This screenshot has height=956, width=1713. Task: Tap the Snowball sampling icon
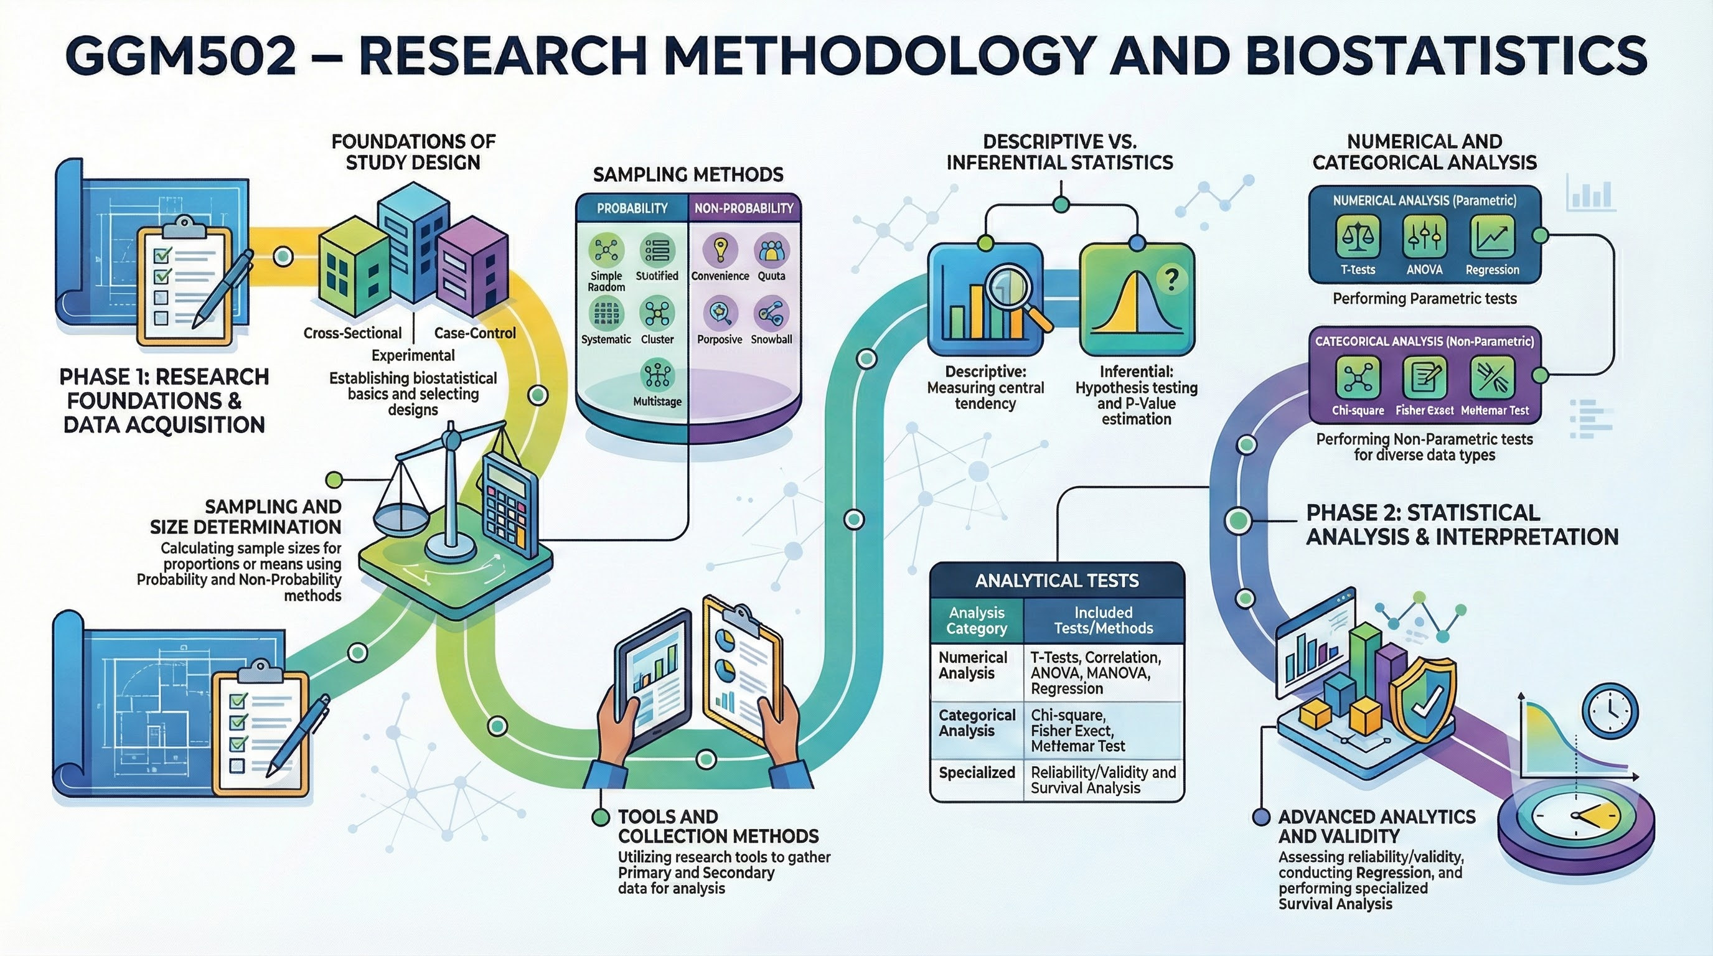pyautogui.click(x=771, y=314)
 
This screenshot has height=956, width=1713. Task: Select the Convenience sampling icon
pyautogui.click(x=720, y=251)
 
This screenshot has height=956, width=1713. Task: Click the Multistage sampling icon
pyautogui.click(x=657, y=376)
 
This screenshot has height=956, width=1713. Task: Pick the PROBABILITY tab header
pyautogui.click(x=632, y=208)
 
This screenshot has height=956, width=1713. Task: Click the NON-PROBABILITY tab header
pyautogui.click(x=743, y=208)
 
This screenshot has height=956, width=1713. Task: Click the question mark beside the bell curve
pyautogui.click(x=1171, y=278)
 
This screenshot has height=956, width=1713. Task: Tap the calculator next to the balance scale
pyautogui.click(x=510, y=505)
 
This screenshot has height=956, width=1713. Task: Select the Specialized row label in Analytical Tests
pyautogui.click(x=976, y=772)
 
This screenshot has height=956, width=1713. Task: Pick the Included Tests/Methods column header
pyautogui.click(x=1103, y=621)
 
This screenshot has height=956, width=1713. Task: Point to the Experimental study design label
pyautogui.click(x=413, y=355)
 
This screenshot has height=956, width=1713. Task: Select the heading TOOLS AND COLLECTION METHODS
pyautogui.click(x=718, y=827)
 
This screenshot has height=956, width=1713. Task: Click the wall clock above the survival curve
pyautogui.click(x=1610, y=711)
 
